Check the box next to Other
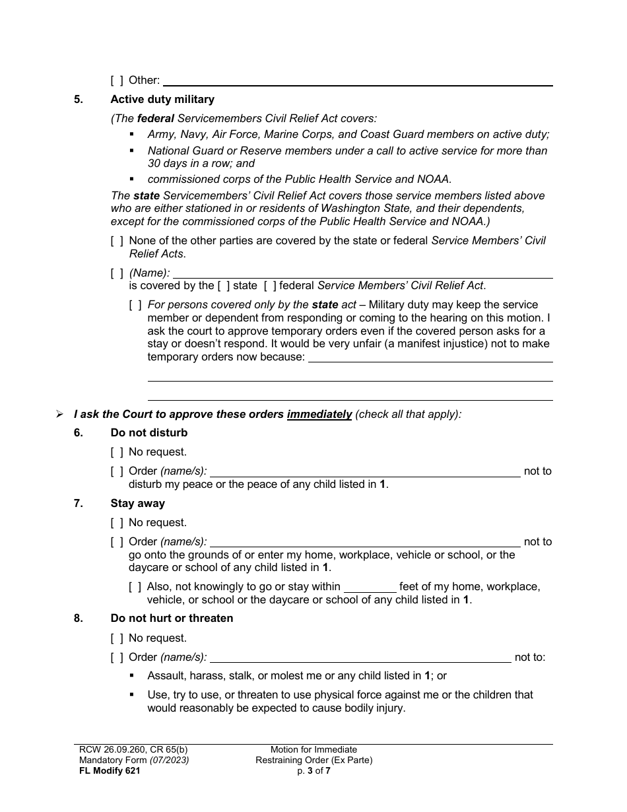click(117, 81)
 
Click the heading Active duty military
click(162, 100)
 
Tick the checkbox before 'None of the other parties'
click(117, 241)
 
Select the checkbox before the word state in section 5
click(224, 286)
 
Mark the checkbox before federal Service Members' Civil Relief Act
click(269, 286)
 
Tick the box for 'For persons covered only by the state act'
click(135, 305)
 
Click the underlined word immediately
click(319, 415)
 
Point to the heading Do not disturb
click(149, 433)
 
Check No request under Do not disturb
click(117, 452)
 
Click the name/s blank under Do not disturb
click(365, 471)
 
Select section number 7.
click(79, 504)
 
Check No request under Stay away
click(117, 523)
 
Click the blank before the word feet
click(370, 587)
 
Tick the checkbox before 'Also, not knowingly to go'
click(135, 587)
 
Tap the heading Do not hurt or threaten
click(172, 619)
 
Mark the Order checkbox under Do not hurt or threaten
click(117, 658)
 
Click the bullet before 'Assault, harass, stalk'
click(132, 676)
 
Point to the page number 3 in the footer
click(309, 770)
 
